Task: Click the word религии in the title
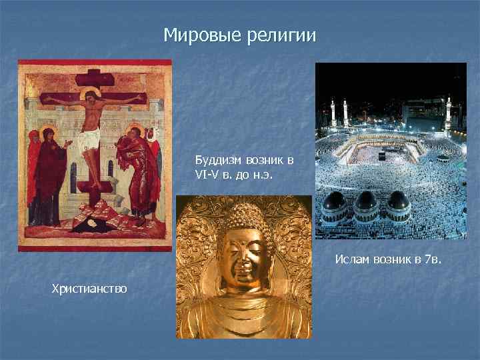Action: (x=280, y=34)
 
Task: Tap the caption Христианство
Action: (x=85, y=289)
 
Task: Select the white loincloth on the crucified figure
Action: (x=89, y=140)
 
